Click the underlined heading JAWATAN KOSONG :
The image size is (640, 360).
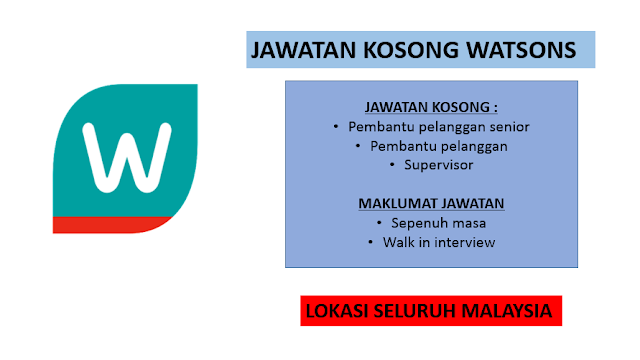(431, 107)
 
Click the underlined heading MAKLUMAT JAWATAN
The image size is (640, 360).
(431, 204)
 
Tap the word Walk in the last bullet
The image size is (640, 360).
(397, 242)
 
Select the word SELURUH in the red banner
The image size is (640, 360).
(415, 311)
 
